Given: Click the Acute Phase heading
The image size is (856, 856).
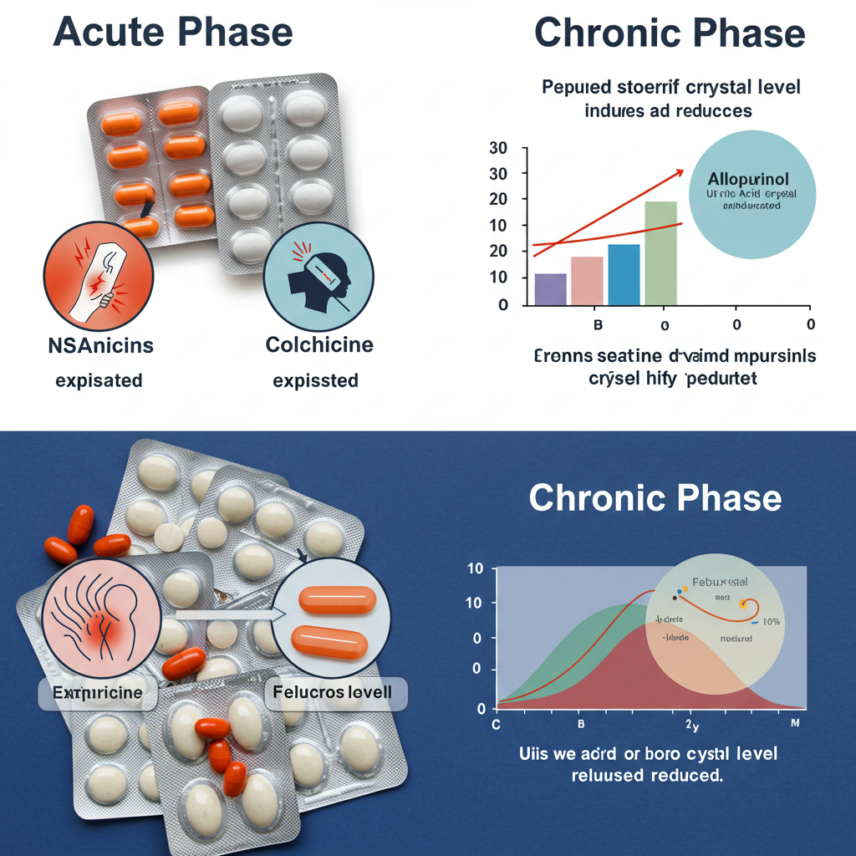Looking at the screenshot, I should click(x=173, y=33).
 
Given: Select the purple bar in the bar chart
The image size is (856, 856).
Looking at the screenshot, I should click(x=549, y=289).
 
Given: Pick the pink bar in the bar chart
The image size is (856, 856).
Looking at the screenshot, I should click(x=586, y=281).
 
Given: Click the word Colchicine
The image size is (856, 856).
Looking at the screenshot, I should click(x=318, y=344).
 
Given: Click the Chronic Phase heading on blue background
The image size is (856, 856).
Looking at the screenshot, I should click(x=655, y=498).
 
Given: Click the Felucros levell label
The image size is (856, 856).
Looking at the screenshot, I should click(x=338, y=693).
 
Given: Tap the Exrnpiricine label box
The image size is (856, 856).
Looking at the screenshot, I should click(x=97, y=693).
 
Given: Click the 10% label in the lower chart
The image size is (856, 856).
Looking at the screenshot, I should click(x=770, y=622).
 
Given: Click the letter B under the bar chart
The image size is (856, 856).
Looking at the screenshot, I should click(x=597, y=324).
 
